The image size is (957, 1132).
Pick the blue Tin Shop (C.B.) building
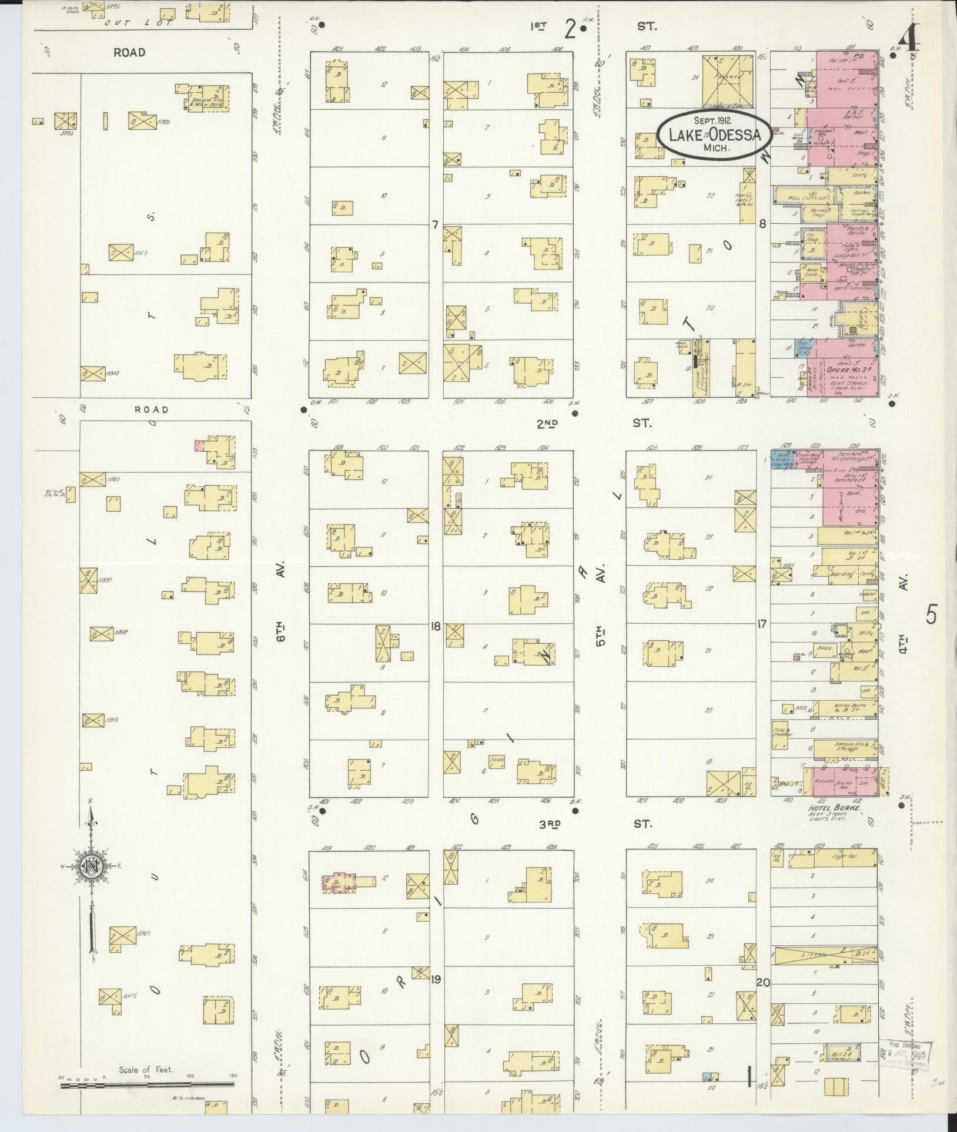(x=802, y=349)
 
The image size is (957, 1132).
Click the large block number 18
(x=435, y=626)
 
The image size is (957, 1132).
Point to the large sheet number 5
(x=931, y=614)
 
